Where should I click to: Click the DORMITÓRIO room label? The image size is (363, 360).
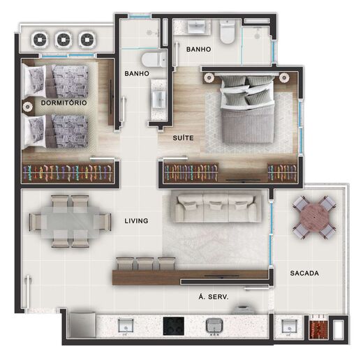[64, 103]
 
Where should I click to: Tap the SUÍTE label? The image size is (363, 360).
[184, 138]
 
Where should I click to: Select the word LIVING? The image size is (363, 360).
[136, 221]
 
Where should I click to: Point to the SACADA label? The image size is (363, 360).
[304, 273]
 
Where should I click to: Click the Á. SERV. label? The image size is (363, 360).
[214, 297]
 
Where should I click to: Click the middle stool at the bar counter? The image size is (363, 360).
[146, 263]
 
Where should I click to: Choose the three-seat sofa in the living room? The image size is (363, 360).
[216, 209]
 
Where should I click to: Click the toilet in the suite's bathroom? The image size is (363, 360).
[227, 33]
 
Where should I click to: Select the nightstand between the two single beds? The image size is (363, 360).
[29, 107]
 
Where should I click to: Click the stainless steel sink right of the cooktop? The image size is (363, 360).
[213, 326]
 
